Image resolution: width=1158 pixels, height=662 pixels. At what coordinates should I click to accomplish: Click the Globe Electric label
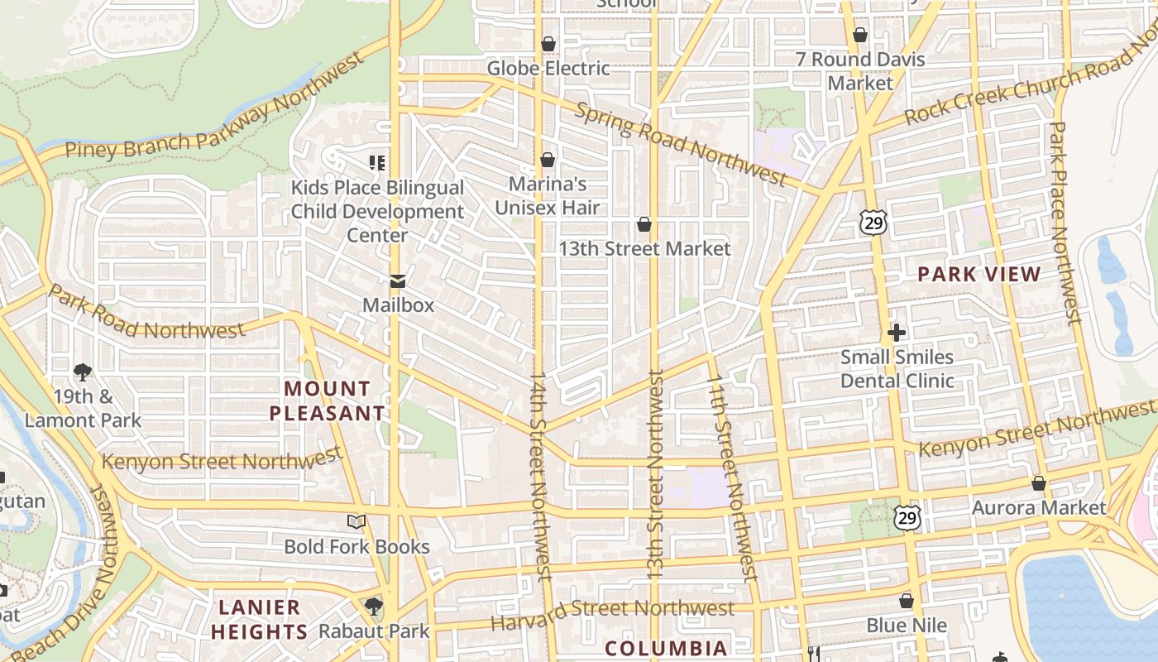[x=548, y=68]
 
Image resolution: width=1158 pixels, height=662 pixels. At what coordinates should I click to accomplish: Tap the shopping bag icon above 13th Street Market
[x=644, y=224]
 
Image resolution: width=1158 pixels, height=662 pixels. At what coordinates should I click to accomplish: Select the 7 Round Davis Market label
[x=860, y=71]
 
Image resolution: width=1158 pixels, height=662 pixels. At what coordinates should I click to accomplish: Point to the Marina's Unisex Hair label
[x=547, y=195]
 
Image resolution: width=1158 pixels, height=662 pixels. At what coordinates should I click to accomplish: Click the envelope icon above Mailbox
[x=398, y=281]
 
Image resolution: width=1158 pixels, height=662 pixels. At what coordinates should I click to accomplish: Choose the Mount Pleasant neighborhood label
[x=328, y=401]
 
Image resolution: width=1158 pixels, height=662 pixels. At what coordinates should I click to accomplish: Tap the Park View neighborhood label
[x=979, y=274]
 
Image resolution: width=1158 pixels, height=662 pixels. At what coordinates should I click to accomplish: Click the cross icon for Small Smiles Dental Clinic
[x=897, y=333]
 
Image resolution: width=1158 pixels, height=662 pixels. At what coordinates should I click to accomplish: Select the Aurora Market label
[x=1038, y=507]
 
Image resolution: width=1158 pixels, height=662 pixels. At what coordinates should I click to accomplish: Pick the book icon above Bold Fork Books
[x=356, y=521]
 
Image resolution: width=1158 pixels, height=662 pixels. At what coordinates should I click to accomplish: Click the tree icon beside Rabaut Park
[x=374, y=607]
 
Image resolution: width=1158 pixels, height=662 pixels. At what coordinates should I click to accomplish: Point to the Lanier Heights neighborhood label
[x=259, y=619]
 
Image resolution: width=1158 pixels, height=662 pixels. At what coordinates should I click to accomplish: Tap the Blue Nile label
[x=907, y=625]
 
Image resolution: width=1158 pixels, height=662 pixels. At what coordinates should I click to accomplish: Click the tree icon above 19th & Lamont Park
[x=82, y=372]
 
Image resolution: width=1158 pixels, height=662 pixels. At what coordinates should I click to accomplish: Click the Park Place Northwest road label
[x=1064, y=223]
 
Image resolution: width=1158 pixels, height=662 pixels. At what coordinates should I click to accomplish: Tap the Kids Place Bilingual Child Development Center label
[x=377, y=211]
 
